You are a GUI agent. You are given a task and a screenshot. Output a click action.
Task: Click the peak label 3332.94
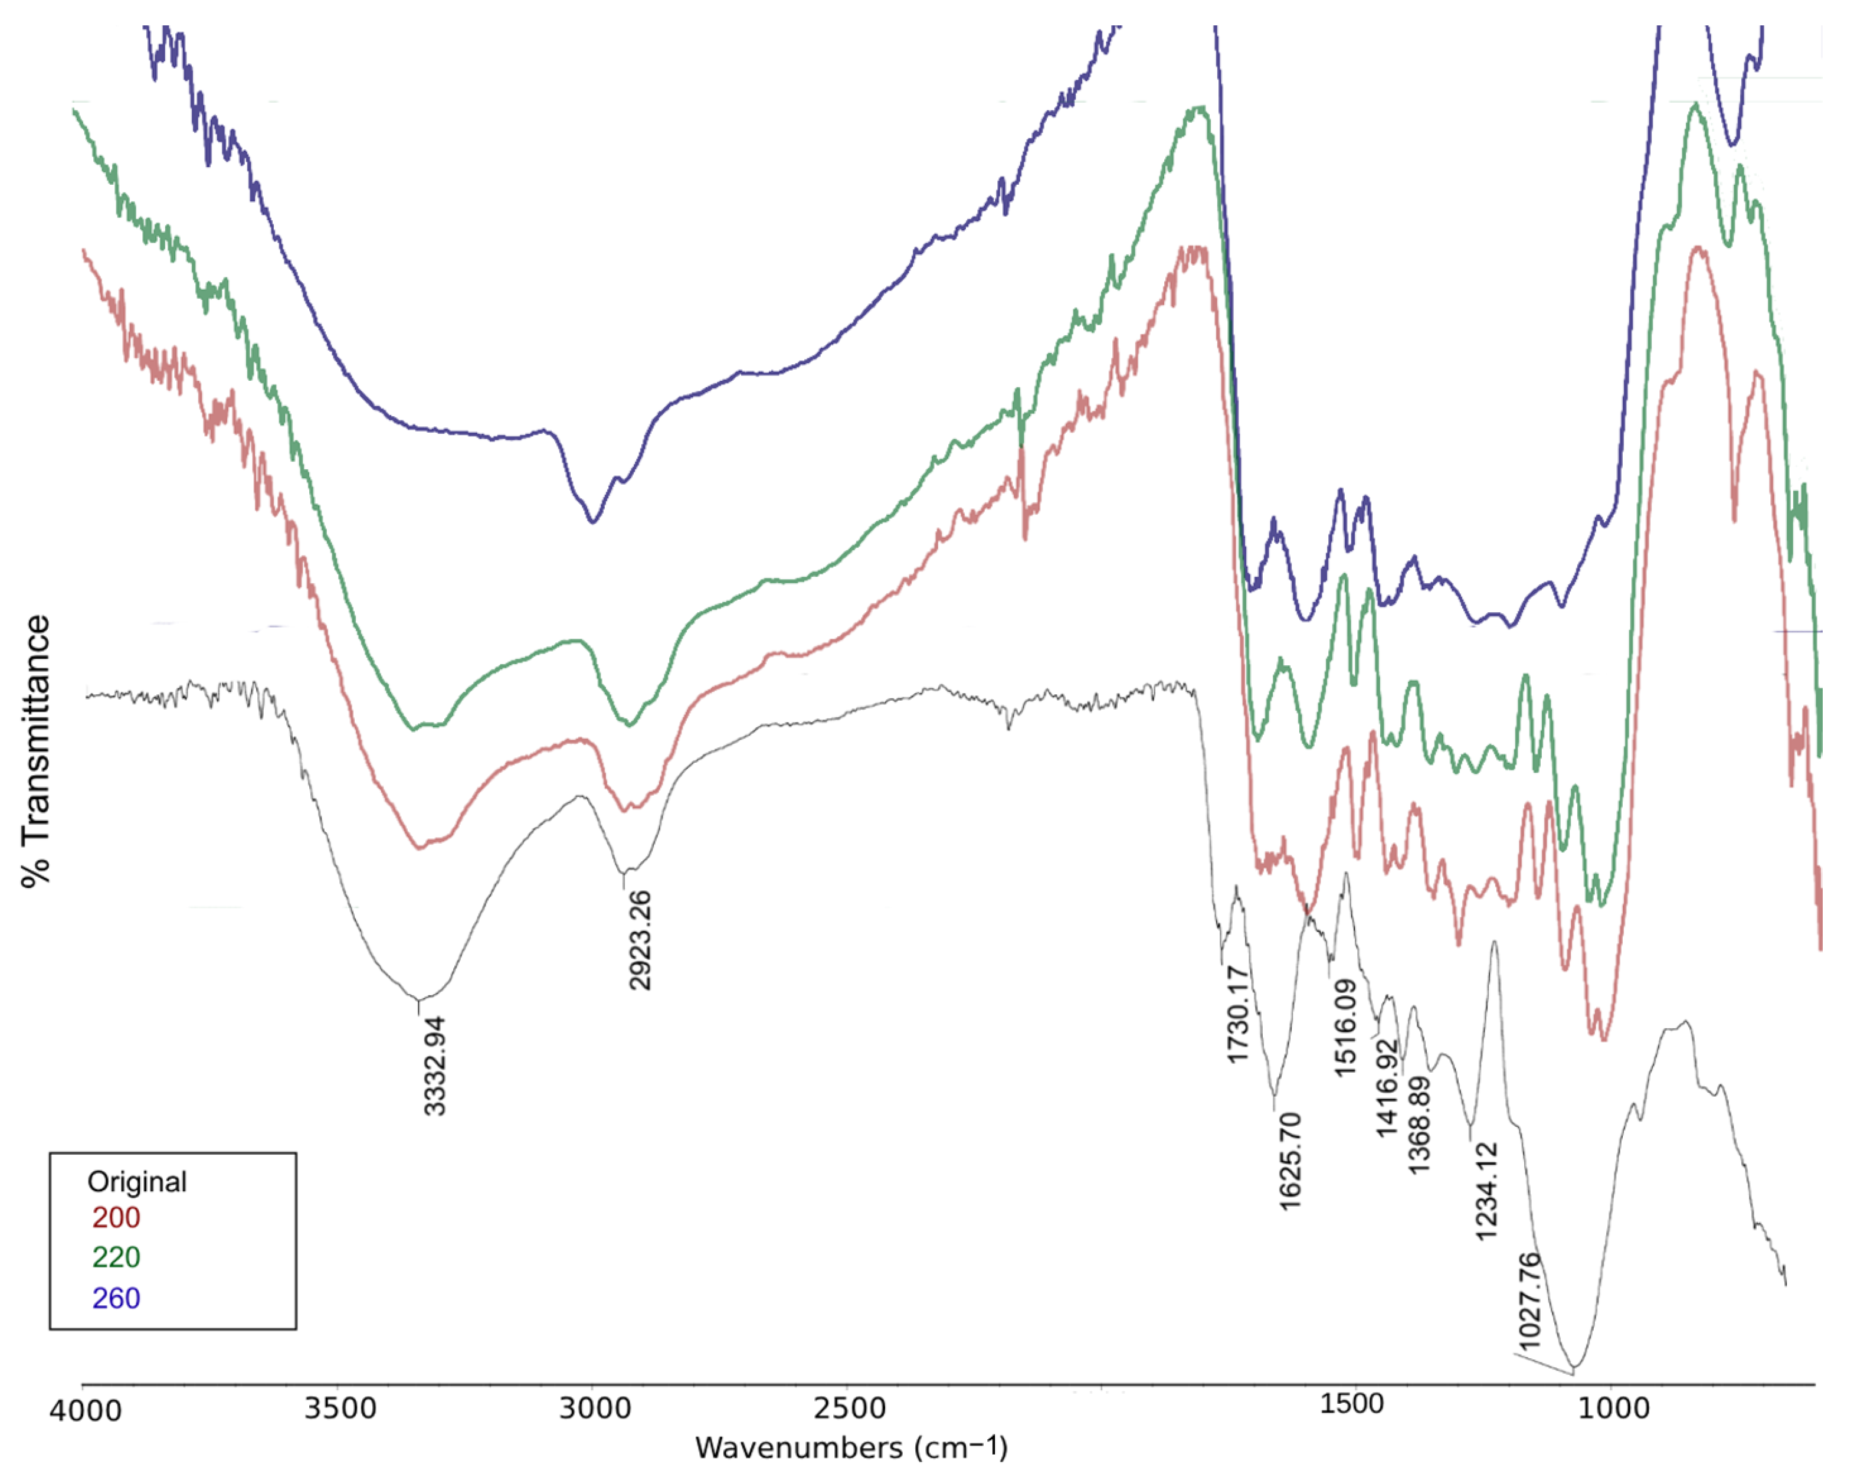pyautogui.click(x=435, y=1066)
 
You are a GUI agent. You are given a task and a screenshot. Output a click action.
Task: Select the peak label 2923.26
pyautogui.click(x=640, y=940)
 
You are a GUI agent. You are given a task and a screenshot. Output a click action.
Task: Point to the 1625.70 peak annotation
pyautogui.click(x=1290, y=1161)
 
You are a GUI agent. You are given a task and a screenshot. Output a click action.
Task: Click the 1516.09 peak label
pyautogui.click(x=1345, y=1027)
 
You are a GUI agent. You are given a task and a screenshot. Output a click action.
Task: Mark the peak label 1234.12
pyautogui.click(x=1486, y=1191)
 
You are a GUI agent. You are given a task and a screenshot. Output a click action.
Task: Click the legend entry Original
pyautogui.click(x=137, y=1182)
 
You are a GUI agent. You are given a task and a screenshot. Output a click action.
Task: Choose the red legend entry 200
pyautogui.click(x=116, y=1218)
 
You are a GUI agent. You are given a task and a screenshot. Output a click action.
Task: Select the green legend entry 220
pyautogui.click(x=116, y=1257)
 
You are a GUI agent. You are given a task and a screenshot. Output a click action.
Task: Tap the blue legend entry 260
pyautogui.click(x=116, y=1298)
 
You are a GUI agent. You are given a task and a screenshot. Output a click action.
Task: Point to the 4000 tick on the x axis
pyautogui.click(x=85, y=1411)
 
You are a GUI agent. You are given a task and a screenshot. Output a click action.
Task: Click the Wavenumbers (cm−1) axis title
pyautogui.click(x=851, y=1449)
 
